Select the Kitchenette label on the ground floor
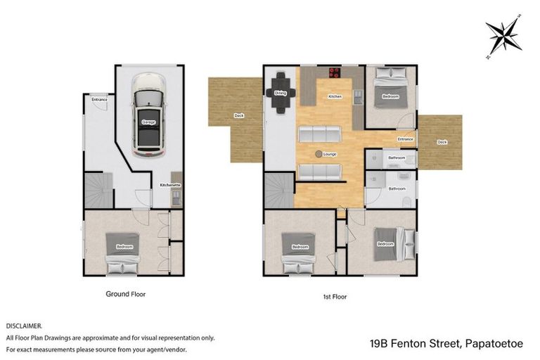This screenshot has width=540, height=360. (x=171, y=185)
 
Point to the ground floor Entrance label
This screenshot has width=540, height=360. (x=99, y=100)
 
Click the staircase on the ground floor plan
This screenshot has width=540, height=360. (x=98, y=191)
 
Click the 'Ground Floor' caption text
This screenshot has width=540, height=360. (x=126, y=294)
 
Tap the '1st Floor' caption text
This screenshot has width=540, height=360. (x=335, y=297)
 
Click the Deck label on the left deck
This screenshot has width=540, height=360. (x=238, y=115)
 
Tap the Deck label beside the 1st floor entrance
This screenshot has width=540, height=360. (x=442, y=142)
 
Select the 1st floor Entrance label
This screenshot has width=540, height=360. (x=406, y=139)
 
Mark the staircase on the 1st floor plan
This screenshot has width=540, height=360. (x=279, y=191)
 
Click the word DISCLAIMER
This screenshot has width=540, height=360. (x=25, y=326)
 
